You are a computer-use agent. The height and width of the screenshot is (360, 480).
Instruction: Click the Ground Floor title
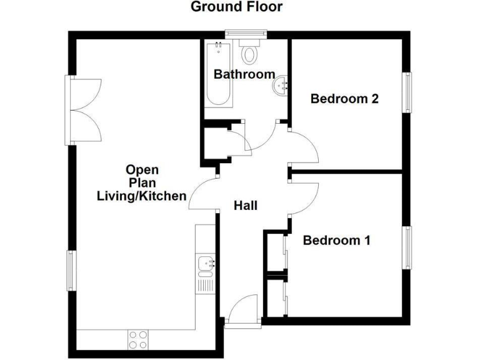coord(236,7)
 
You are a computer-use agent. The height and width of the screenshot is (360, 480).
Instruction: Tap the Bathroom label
coord(244,74)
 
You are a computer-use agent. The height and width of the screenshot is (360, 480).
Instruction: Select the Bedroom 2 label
coord(345,99)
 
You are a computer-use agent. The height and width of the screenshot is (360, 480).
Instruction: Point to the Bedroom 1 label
coord(337,240)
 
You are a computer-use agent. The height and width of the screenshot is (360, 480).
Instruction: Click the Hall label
coord(246,205)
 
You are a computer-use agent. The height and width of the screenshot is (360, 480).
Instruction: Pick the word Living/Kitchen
coord(141,196)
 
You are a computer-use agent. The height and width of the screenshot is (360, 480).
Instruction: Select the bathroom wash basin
coord(281,86)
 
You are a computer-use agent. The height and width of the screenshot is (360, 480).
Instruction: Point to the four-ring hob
coord(138,339)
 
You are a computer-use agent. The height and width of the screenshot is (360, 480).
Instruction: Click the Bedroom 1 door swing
coord(304,197)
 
